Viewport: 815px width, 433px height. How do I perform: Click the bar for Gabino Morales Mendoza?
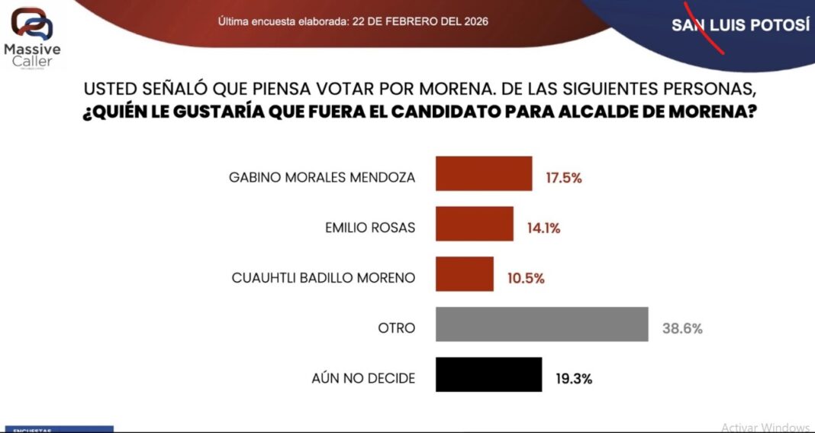coord(483,173)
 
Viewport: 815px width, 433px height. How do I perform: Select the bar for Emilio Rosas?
coord(474,224)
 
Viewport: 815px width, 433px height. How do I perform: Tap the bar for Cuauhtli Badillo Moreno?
coord(464,274)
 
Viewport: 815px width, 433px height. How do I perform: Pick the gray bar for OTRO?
coord(541,325)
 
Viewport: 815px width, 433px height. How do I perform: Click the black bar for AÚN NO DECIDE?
coord(488,375)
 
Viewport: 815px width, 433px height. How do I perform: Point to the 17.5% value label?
coord(563,178)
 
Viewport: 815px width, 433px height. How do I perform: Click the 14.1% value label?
coord(543,228)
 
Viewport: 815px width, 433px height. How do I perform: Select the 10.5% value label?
coord(525,279)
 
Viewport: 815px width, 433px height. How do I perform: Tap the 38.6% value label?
coord(681,329)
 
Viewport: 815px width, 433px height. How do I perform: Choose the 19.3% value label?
coord(573,379)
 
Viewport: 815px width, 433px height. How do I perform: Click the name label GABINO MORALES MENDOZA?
coord(322,178)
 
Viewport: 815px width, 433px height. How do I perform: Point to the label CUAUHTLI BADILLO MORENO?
coord(324,279)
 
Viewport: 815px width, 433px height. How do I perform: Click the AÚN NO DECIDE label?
coord(363,379)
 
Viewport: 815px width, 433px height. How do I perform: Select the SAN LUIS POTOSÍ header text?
coord(739,25)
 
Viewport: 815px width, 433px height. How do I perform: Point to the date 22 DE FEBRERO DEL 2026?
coord(420,21)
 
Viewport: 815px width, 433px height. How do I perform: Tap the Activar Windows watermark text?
coord(765,427)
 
